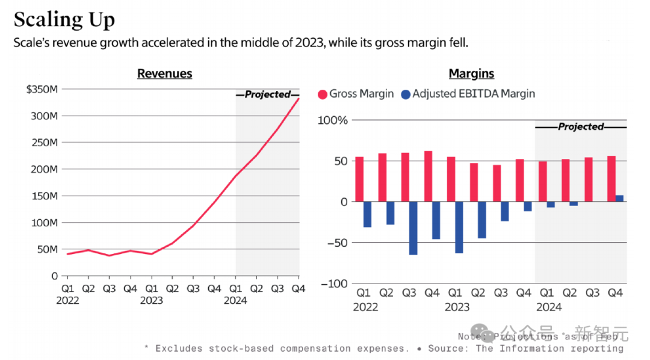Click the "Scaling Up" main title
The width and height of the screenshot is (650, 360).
64,20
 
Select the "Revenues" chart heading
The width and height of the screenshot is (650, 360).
164,73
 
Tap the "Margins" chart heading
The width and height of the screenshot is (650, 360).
471,73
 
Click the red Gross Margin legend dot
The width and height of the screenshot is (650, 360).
323,94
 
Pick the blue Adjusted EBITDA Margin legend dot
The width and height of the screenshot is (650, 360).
405,94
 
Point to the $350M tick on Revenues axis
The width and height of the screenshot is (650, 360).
42,89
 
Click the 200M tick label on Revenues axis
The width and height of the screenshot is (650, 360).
45,169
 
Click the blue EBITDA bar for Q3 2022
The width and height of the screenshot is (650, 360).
413,228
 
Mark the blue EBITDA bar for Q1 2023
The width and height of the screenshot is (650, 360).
459,227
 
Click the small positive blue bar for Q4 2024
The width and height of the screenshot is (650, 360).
619,199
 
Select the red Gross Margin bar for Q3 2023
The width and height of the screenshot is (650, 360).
497,183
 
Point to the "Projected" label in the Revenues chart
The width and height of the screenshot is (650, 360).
267,95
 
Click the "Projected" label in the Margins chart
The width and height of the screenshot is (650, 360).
580,127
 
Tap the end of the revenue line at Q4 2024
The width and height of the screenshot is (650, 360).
299,98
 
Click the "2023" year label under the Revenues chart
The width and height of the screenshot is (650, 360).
152,301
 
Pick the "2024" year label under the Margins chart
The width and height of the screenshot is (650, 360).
548,307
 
